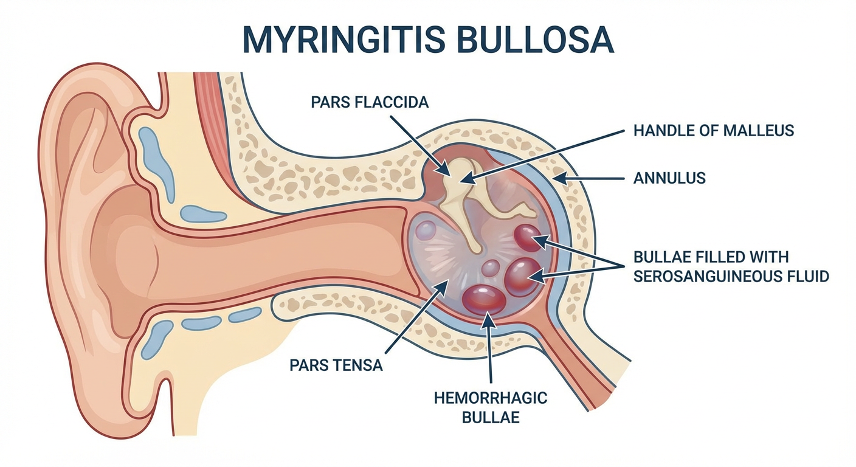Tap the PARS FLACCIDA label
point(370,102)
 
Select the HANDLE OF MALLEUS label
point(714,130)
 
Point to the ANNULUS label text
point(669,178)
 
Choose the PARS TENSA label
point(336,365)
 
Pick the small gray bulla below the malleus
point(491,267)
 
